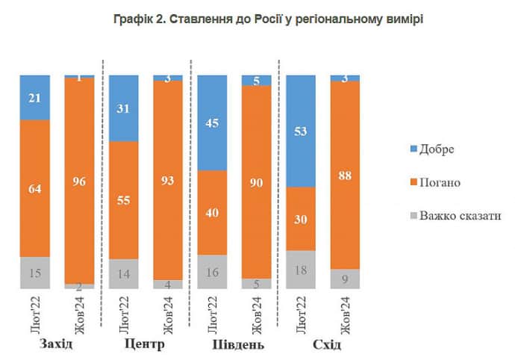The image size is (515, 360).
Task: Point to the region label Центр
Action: [x=146, y=345]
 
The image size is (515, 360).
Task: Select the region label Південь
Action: [x=234, y=345]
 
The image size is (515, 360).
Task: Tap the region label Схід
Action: [x=323, y=345]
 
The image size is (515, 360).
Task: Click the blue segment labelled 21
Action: [x=34, y=97]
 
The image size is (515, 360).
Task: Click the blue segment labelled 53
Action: [x=301, y=131]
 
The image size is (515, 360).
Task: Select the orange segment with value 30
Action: [x=301, y=218]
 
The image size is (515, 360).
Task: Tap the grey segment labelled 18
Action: [x=301, y=269]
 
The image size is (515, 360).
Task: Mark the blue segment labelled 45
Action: [x=212, y=122]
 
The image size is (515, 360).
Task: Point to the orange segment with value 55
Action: [x=123, y=200]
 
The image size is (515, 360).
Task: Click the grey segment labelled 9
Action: [x=345, y=279]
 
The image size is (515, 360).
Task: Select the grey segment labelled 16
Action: [x=212, y=272]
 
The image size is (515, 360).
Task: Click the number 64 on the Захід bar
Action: [x=34, y=188]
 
